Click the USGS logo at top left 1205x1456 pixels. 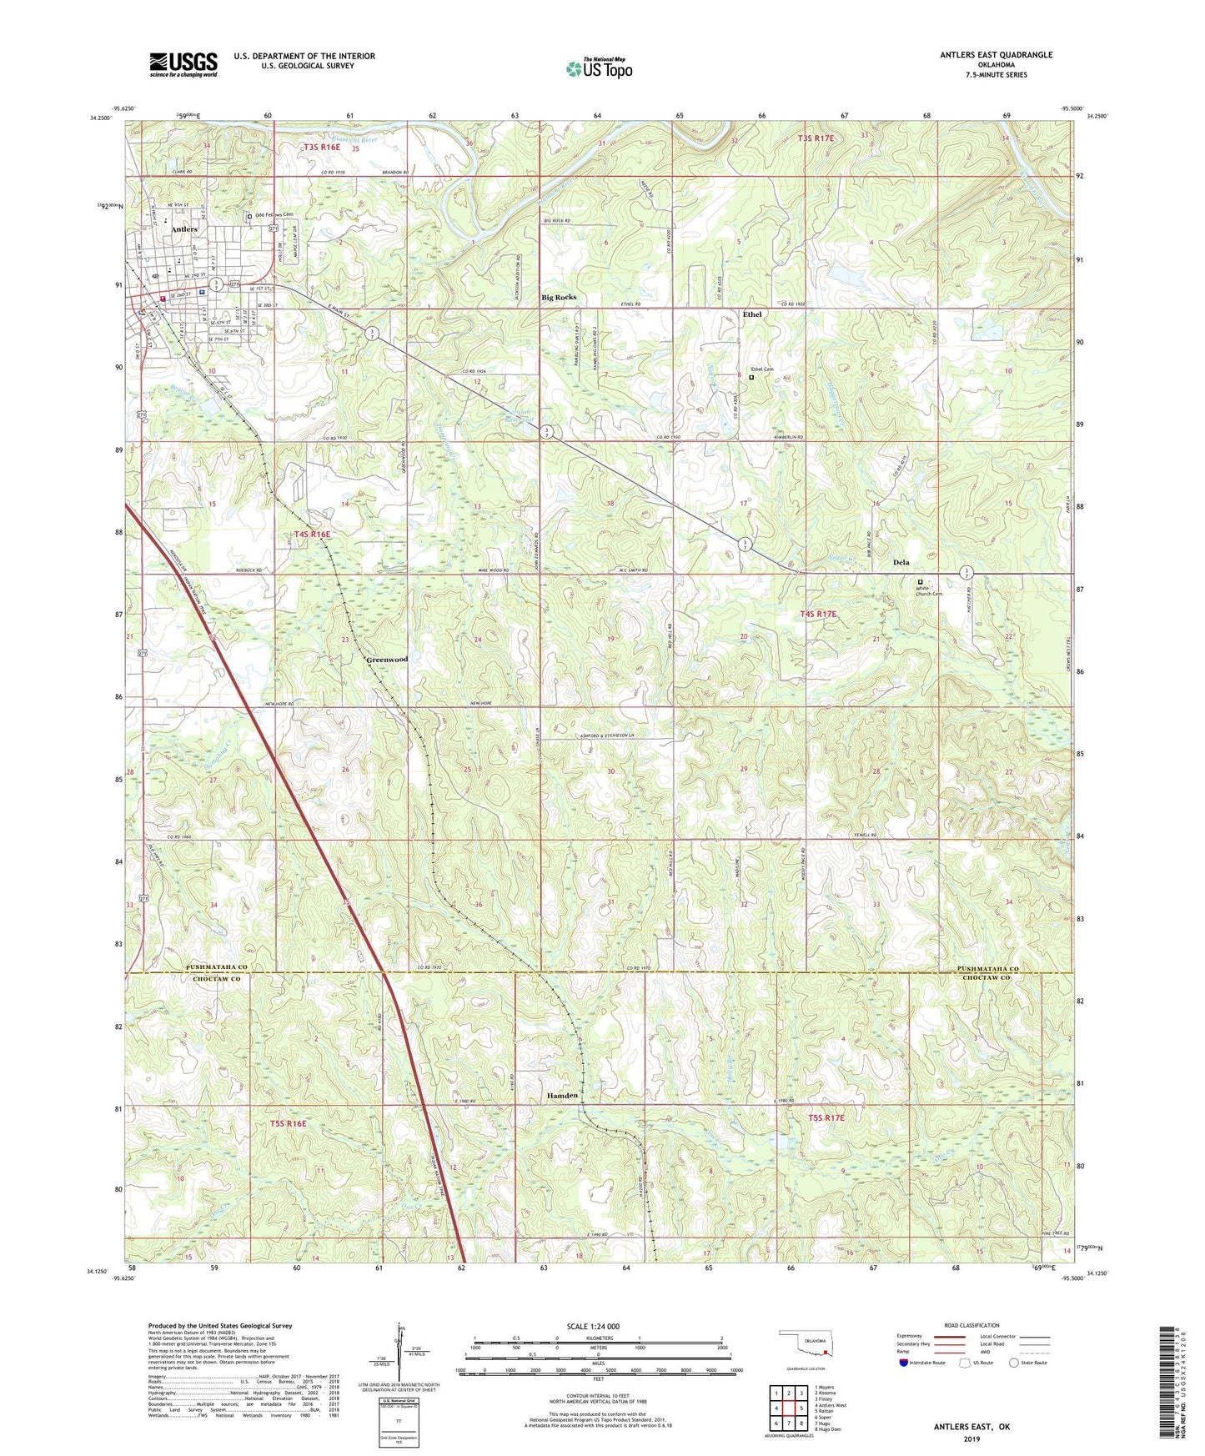[183, 63]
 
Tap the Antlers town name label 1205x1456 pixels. [184, 228]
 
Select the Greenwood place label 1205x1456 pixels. [388, 660]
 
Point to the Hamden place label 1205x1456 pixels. [562, 1096]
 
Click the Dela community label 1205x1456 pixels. [901, 562]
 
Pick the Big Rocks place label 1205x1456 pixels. [559, 297]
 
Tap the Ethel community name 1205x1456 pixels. [751, 314]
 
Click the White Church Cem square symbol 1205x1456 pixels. [921, 582]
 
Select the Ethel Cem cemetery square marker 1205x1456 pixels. [751, 377]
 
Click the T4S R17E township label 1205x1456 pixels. [817, 614]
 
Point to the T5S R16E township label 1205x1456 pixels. [288, 1124]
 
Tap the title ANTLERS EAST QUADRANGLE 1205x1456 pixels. [996, 55]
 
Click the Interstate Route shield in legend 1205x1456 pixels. [904, 1363]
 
